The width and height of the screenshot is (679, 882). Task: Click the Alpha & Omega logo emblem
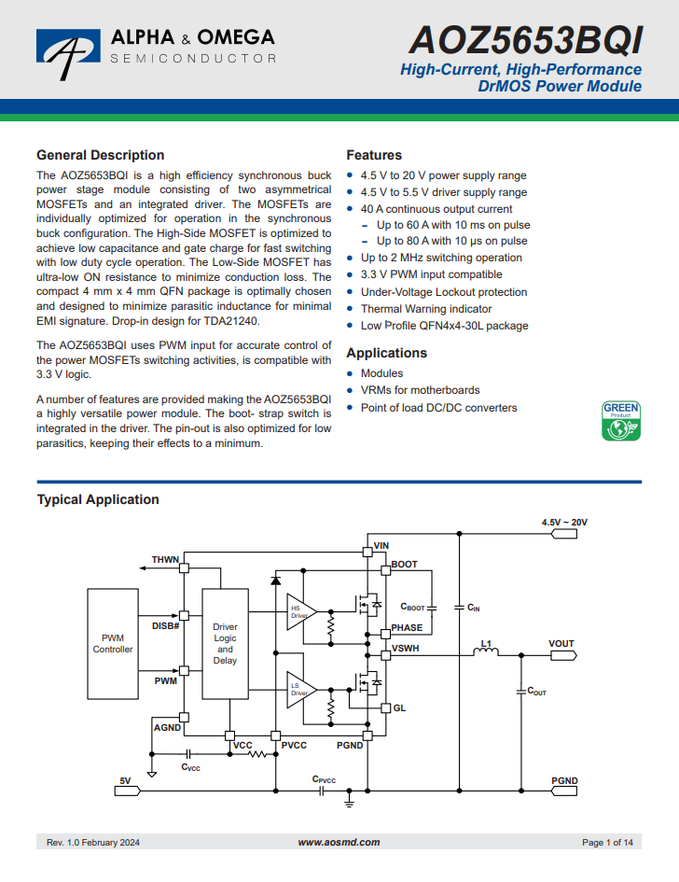click(x=69, y=51)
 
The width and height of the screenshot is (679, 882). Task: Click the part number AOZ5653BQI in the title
click(x=525, y=40)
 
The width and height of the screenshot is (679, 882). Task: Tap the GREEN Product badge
click(x=621, y=421)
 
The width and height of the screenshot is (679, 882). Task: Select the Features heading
click(x=374, y=155)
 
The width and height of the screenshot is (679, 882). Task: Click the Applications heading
click(x=387, y=353)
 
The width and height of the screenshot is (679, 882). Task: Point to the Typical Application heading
click(x=98, y=499)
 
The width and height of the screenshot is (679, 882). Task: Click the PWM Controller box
click(x=113, y=644)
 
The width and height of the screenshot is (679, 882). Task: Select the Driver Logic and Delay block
click(x=225, y=644)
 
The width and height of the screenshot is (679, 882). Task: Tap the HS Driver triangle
click(x=301, y=612)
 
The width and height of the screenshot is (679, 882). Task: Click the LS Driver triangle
click(x=301, y=690)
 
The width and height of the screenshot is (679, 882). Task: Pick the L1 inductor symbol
click(x=486, y=652)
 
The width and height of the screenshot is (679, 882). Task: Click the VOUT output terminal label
click(x=561, y=643)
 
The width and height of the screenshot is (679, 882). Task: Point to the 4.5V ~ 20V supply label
click(x=564, y=522)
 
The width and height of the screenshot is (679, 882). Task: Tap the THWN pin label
click(x=165, y=560)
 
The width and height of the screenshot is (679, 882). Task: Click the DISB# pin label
click(x=165, y=626)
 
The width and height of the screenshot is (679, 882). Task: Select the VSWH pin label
click(x=406, y=649)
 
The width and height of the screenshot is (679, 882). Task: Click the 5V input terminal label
click(x=125, y=781)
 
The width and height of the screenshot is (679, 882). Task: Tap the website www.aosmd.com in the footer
click(x=339, y=842)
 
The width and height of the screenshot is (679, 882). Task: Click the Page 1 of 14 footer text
click(x=607, y=842)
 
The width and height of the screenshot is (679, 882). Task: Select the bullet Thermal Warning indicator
click(x=426, y=309)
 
